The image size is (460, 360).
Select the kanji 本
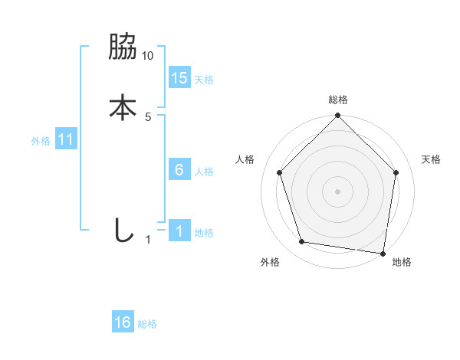click(123, 106)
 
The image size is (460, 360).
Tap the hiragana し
click(123, 229)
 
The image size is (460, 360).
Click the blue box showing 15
click(179, 77)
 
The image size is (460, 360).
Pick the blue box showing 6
click(179, 170)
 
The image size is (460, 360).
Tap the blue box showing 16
click(123, 322)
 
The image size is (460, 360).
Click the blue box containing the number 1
click(179, 231)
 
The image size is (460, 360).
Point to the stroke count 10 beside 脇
click(148, 56)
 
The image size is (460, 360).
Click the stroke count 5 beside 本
click(148, 117)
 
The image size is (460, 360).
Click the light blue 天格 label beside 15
click(204, 80)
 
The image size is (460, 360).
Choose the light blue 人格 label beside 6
click(204, 172)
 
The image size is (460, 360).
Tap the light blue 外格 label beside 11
click(41, 141)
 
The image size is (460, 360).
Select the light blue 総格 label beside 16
click(147, 324)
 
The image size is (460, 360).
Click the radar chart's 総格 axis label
click(337, 100)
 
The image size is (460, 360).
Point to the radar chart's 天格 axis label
click(432, 159)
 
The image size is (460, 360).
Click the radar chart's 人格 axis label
click(245, 159)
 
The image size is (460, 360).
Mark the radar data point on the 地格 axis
click(383, 253)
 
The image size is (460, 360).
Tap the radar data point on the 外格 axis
click(302, 242)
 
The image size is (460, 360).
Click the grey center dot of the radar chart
click(337, 191)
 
